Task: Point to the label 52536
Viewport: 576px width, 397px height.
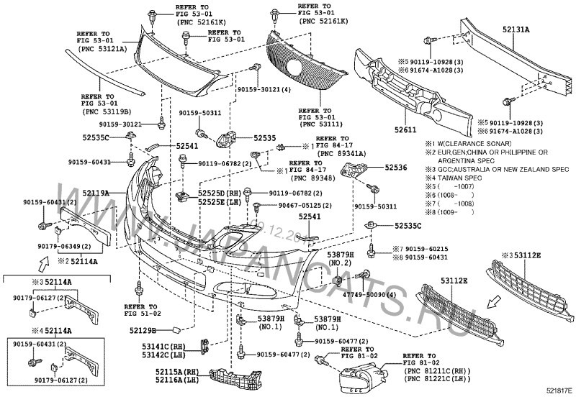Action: point(395,167)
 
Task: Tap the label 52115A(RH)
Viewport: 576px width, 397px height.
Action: point(176,371)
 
